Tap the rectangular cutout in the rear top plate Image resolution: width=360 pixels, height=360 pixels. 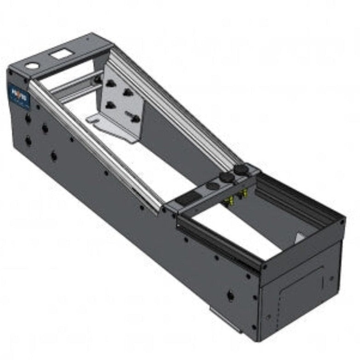[59, 55]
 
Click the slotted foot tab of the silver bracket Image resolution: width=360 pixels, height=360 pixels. [97, 120]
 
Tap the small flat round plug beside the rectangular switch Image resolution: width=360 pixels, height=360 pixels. [211, 186]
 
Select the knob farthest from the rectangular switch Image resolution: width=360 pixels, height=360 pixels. [239, 171]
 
